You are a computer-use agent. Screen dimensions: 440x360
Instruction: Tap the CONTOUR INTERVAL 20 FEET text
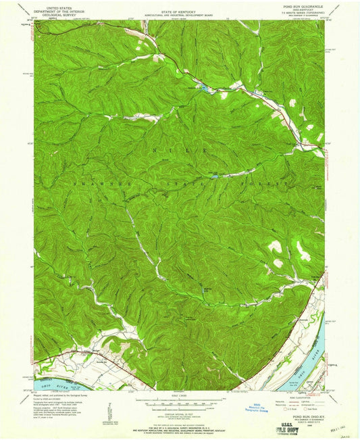(180, 408)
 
